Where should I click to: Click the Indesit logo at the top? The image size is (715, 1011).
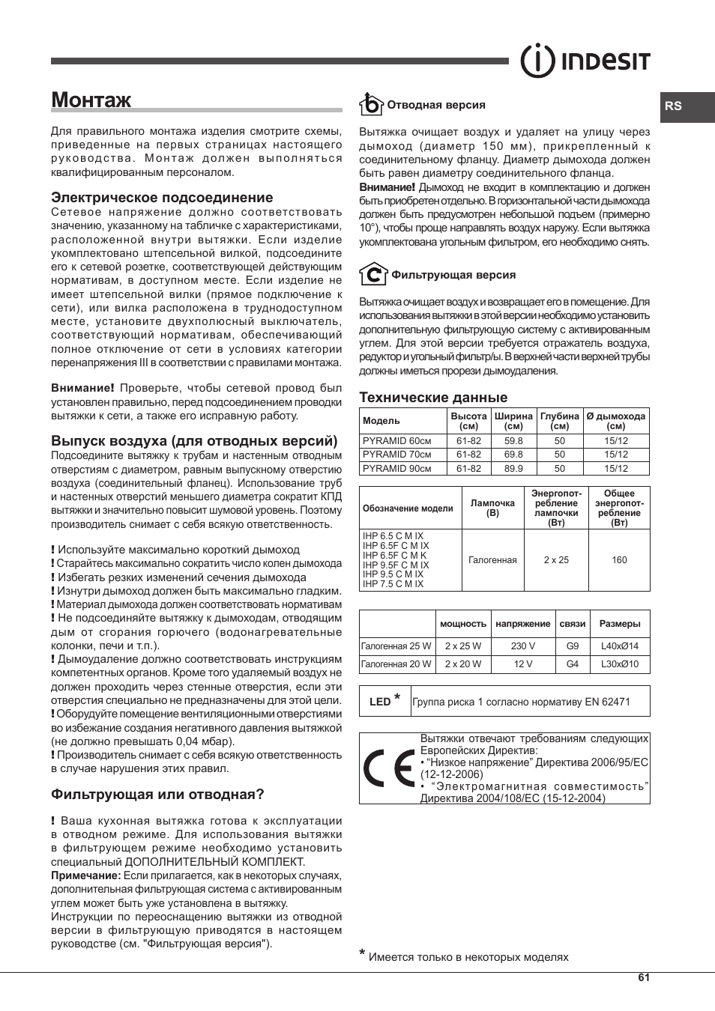(x=585, y=61)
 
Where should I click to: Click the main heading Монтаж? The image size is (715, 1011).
(x=91, y=100)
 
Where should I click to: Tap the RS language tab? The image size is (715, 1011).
(x=674, y=106)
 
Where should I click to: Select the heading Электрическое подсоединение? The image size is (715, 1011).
(x=162, y=198)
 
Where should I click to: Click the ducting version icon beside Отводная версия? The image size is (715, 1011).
(x=370, y=104)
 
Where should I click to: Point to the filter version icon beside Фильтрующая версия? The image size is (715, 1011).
(x=372, y=274)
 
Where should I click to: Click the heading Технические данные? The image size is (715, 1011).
(x=433, y=397)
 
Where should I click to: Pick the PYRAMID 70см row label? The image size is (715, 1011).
(x=397, y=455)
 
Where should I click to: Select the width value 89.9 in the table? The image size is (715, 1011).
(x=513, y=469)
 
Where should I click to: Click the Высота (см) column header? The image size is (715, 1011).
(x=468, y=421)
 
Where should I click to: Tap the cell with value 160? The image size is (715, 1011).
(x=619, y=560)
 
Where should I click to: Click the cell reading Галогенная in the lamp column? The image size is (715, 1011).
(x=492, y=560)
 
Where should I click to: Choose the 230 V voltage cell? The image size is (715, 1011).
(x=523, y=646)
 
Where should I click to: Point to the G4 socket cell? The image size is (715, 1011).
(x=573, y=664)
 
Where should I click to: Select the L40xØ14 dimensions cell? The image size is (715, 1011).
(x=620, y=646)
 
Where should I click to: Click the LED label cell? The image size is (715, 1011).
(x=384, y=701)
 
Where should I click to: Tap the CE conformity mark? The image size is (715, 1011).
(x=388, y=768)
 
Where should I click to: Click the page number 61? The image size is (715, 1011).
(x=644, y=977)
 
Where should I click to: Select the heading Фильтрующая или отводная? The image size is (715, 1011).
(x=157, y=794)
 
